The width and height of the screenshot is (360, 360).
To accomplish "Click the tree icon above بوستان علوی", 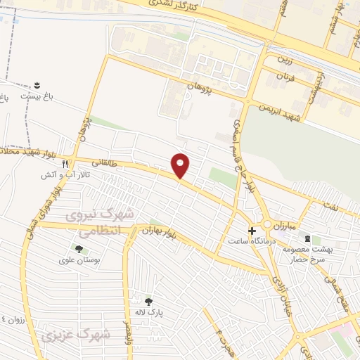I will point(78,248).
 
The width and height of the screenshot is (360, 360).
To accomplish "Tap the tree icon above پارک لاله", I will point(148,302).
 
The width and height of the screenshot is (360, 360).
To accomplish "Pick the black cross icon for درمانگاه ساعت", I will point(252,231).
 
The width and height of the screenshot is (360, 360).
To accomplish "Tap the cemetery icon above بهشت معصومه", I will point(307,239).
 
